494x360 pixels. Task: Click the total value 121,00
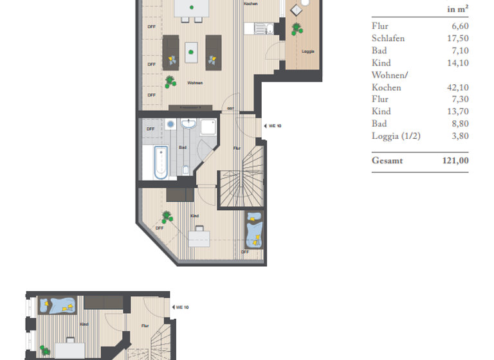point(455,161)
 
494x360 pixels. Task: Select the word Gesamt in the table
point(387,161)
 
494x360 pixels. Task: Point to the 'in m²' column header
point(457,10)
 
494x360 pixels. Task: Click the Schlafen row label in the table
point(389,39)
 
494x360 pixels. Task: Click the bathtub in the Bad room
point(160,163)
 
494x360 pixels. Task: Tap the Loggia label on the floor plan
point(308,51)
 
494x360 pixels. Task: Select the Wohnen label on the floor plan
point(195,83)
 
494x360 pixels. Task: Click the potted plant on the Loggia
point(296,28)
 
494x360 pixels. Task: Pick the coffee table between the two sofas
point(191,52)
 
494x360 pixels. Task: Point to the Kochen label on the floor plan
point(251,4)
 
